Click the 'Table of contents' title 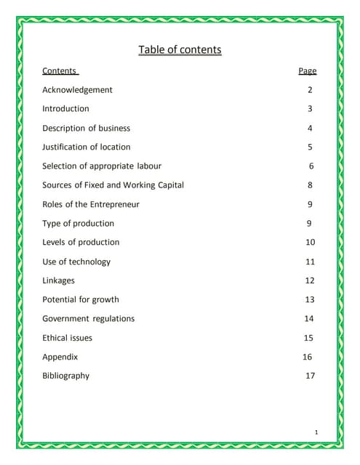[x=180, y=50]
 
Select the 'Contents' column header [x=60, y=71]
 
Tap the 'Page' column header [x=308, y=71]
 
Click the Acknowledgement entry [x=77, y=90]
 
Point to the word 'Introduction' [x=65, y=109]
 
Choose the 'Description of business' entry [x=86, y=129]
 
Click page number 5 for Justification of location [x=310, y=147]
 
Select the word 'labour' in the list [x=149, y=166]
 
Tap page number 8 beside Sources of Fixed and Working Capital [x=311, y=185]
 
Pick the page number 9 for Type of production [x=310, y=224]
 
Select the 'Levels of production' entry [x=81, y=243]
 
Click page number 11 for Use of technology [x=311, y=262]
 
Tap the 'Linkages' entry [x=58, y=280]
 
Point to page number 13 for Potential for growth [x=310, y=299]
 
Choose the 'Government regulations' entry [x=88, y=319]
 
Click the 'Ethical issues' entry [x=67, y=338]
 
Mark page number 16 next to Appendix [x=307, y=357]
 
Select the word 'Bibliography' [x=65, y=376]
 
